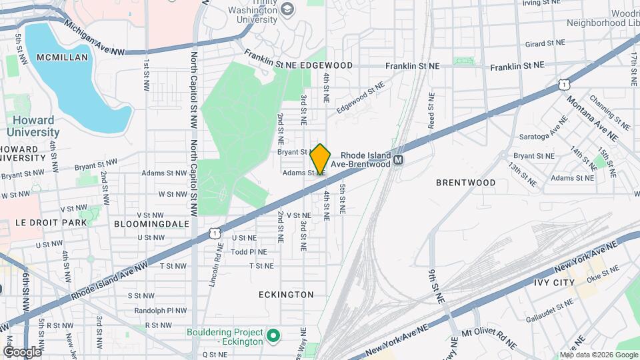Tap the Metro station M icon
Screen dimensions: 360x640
[x=399, y=160]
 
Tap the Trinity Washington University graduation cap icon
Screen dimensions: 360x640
[x=287, y=9]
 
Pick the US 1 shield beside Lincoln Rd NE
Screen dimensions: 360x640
[x=213, y=232]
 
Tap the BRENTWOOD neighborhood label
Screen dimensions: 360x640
[x=466, y=182]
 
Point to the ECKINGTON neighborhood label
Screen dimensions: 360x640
[x=286, y=294]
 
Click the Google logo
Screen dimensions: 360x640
[x=21, y=351]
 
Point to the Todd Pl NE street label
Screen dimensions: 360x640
[x=249, y=252]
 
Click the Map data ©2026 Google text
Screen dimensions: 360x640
[x=598, y=355]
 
